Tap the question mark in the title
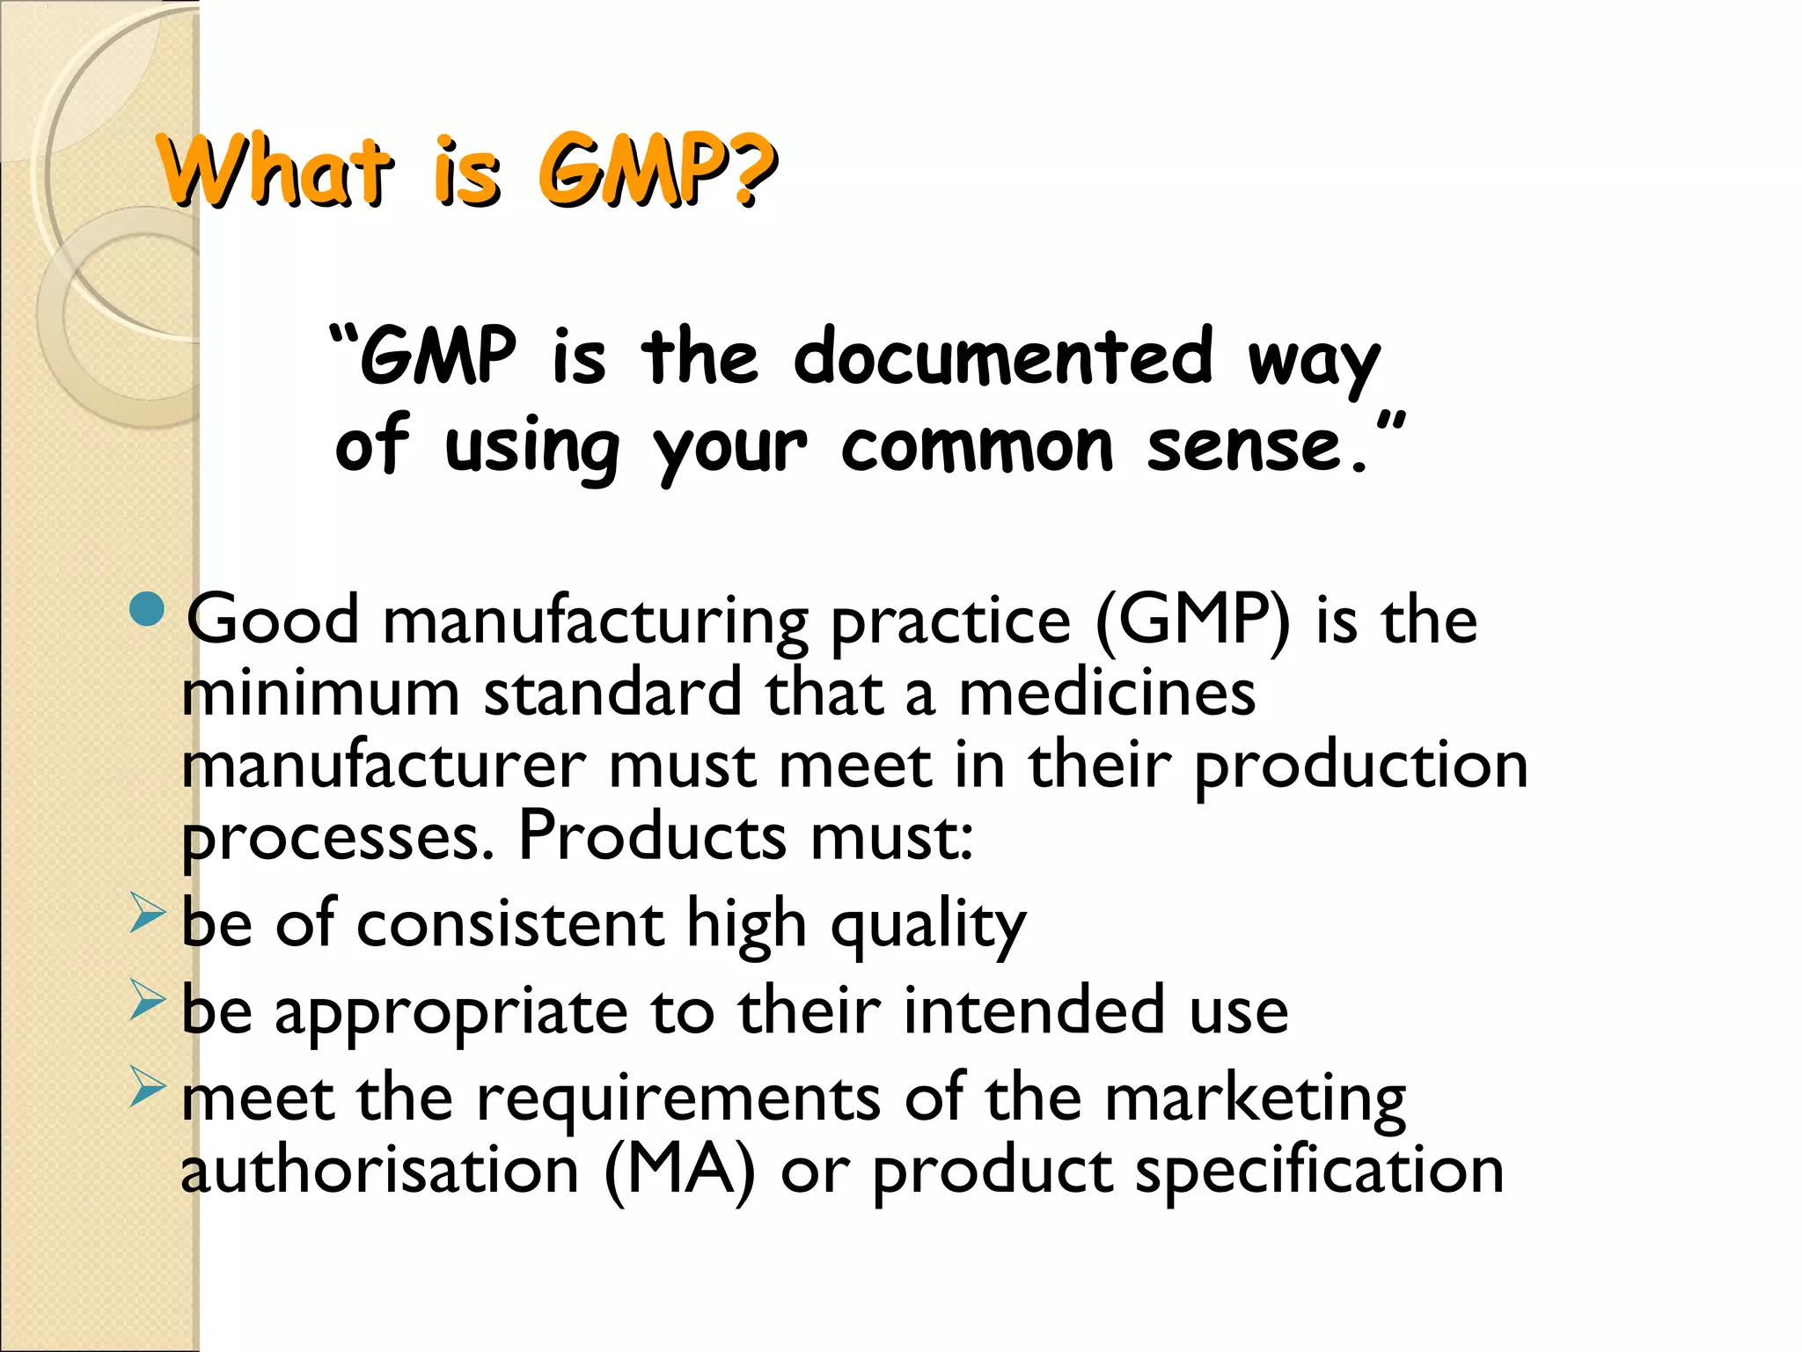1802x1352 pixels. pos(754,172)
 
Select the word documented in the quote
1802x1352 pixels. pos(1003,356)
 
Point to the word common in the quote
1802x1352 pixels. pos(977,447)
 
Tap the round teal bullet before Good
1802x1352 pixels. pos(146,610)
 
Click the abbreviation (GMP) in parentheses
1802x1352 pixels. pos(1193,621)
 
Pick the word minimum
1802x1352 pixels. pos(320,694)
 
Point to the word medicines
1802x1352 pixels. pos(1107,694)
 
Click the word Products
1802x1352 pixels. pos(652,836)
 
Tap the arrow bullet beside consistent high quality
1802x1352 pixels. pos(147,912)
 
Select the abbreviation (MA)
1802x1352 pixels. pos(679,1172)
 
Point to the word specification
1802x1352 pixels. pos(1319,1173)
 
